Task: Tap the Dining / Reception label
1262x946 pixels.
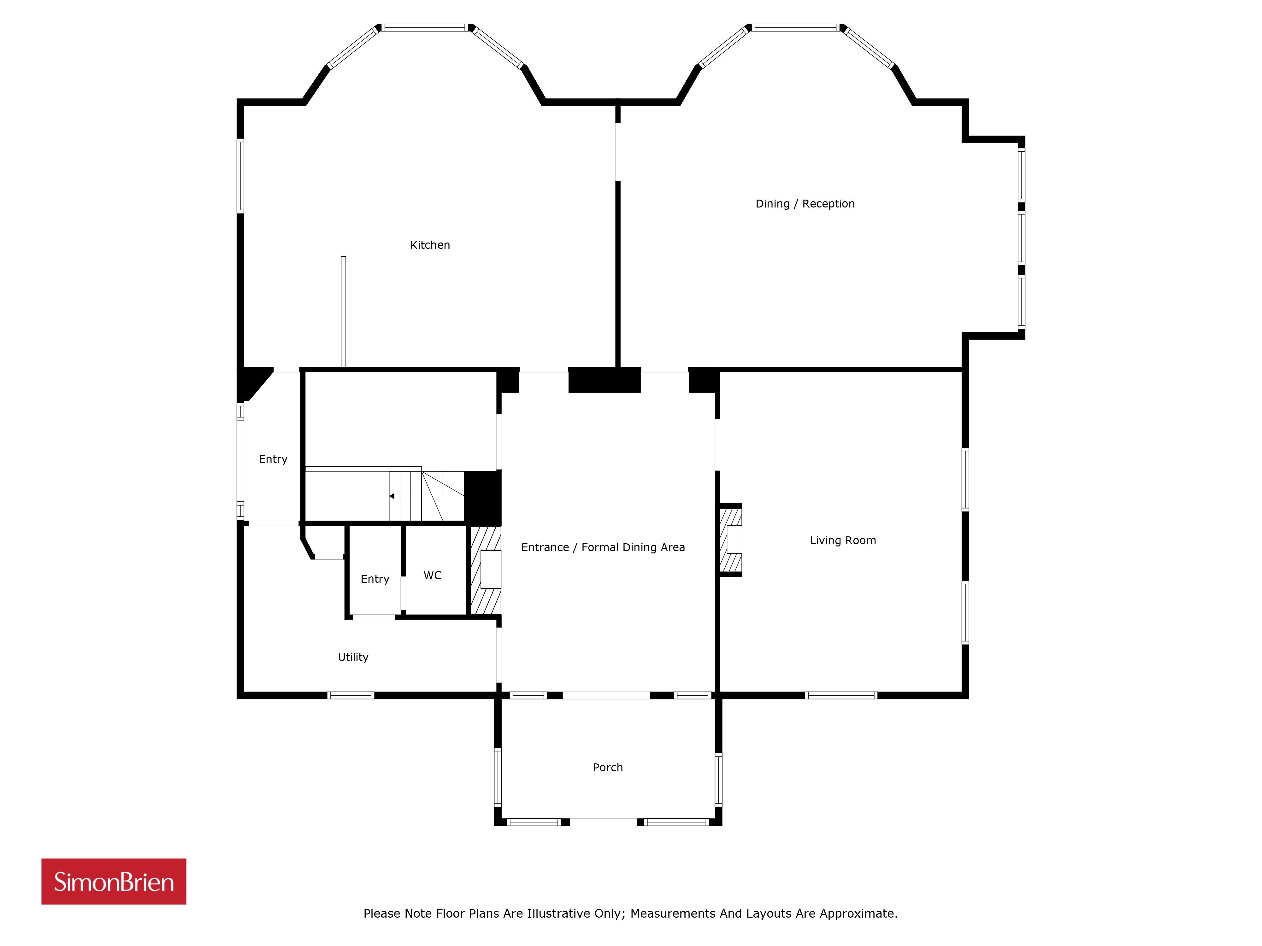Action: pyautogui.click(x=805, y=204)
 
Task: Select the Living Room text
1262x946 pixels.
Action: pyautogui.click(x=843, y=540)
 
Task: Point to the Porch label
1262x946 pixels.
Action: pyautogui.click(x=608, y=768)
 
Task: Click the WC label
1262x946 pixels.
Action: pyautogui.click(x=433, y=575)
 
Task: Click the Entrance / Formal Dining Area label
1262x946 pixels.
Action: pyautogui.click(x=603, y=547)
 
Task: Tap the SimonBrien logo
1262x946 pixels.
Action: pyautogui.click(x=114, y=882)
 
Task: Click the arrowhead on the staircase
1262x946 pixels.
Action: pyautogui.click(x=392, y=496)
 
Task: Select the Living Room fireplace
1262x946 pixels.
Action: pyautogui.click(x=731, y=540)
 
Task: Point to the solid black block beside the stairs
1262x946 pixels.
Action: pyautogui.click(x=483, y=498)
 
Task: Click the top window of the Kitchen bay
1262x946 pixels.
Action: pyautogui.click(x=424, y=27)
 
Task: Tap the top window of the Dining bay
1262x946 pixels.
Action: pyautogui.click(x=796, y=27)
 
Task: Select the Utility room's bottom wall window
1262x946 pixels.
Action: pyautogui.click(x=351, y=695)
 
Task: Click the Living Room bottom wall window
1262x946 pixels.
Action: pyautogui.click(x=841, y=695)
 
